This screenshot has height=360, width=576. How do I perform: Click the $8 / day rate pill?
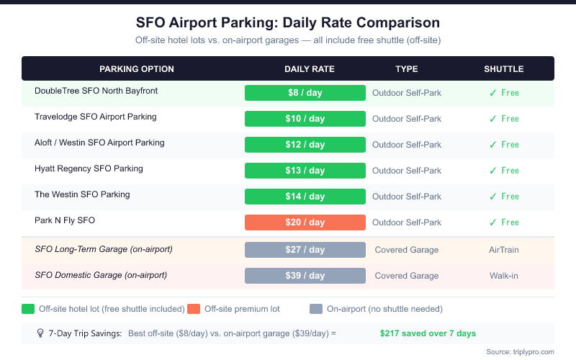pos(305,93)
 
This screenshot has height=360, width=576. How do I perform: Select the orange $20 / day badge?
pos(305,222)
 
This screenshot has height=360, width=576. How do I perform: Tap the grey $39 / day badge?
pos(305,276)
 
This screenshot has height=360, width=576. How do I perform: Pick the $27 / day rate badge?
pos(305,250)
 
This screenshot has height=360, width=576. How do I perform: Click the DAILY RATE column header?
pos(310,69)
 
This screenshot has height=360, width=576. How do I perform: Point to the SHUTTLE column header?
pos(503,69)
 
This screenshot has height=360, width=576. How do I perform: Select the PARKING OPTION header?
pos(137,69)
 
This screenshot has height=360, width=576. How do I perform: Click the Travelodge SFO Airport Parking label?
pos(96,117)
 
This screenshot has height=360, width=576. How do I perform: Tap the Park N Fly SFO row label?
pos(65,220)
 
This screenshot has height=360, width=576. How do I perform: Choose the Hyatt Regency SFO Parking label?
pos(89,168)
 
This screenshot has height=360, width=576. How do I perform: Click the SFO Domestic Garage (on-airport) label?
pos(101,275)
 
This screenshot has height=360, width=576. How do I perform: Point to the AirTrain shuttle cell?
pos(504,250)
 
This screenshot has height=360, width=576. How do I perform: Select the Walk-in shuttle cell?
pos(504,276)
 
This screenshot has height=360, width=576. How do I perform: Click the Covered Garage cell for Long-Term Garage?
pos(407,250)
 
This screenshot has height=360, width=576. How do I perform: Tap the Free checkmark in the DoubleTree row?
pos(504,93)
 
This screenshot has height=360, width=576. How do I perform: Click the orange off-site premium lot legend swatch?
pos(194,309)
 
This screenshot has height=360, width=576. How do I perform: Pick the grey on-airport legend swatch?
pos(316,309)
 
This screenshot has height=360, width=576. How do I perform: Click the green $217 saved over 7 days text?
pos(428,333)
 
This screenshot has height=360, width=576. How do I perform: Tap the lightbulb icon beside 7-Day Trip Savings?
pos(41,333)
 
